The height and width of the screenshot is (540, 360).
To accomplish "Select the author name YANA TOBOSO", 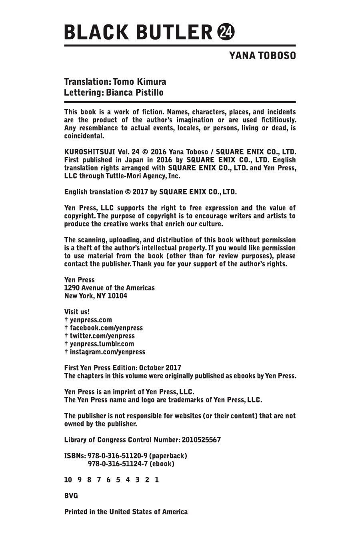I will [262, 56].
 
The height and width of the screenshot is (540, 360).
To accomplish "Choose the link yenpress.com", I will [91, 320].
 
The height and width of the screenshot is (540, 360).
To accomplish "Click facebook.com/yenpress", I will [106, 328].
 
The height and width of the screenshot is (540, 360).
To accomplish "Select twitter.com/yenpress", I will [102, 336].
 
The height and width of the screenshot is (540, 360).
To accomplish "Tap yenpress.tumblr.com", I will [102, 344].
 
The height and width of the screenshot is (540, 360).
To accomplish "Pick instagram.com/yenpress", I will [107, 352].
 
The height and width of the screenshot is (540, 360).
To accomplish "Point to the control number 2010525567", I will [201, 440].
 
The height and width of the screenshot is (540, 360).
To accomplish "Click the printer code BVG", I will [71, 496].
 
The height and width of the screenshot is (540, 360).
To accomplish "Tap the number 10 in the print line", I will [68, 480].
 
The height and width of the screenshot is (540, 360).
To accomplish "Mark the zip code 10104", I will [117, 296].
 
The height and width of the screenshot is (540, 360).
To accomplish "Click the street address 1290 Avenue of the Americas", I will [109, 288].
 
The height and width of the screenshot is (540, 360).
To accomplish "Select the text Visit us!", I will [77, 312].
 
